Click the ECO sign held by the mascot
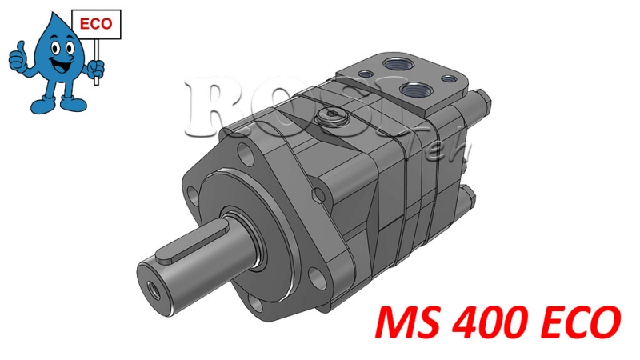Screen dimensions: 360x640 pos(97,25)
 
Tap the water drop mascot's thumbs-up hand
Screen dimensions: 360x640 pos(17,57)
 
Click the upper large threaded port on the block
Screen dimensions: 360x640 pos(395,62)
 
